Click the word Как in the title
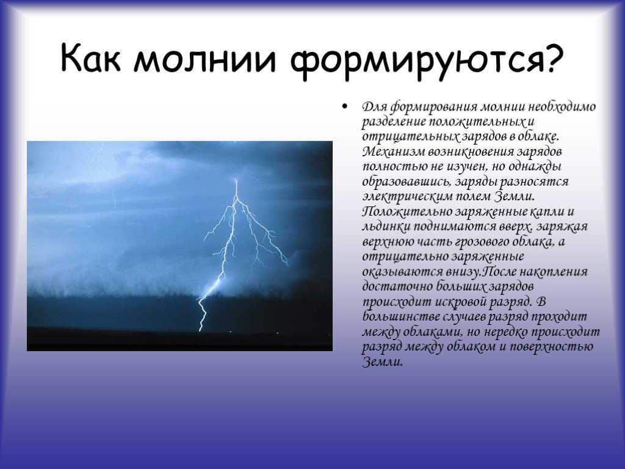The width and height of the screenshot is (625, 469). (x=90, y=58)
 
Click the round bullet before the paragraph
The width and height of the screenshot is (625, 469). (x=344, y=106)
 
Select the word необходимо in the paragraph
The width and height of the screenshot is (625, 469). (x=562, y=107)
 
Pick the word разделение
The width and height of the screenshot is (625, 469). (x=394, y=122)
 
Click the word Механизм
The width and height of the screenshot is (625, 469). (x=394, y=151)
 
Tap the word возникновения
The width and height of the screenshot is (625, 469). (x=472, y=151)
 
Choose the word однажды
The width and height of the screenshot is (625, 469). (x=533, y=167)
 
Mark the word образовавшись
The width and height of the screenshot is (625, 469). (x=406, y=182)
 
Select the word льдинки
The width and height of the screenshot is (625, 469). (x=385, y=227)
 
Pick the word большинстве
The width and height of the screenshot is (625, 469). (x=400, y=317)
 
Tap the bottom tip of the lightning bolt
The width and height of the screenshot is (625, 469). (x=200, y=331)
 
